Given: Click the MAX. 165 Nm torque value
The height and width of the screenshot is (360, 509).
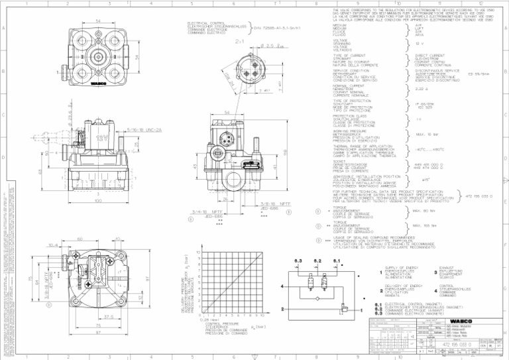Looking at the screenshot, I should (425, 226).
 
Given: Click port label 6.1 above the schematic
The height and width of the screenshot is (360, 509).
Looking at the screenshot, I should (337, 261).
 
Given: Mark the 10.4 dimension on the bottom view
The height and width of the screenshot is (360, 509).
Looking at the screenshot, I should (54, 245).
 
